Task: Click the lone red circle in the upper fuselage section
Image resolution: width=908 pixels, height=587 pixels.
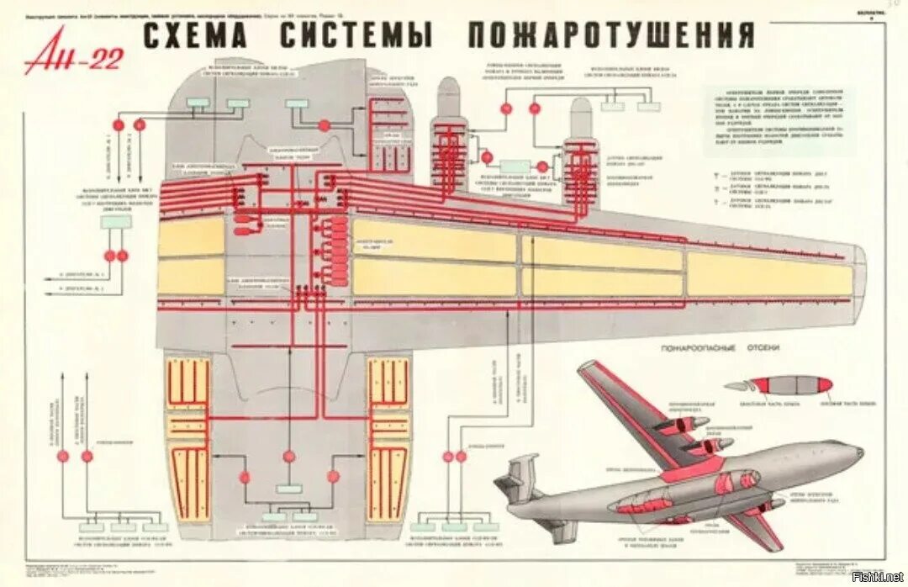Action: (325, 125)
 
